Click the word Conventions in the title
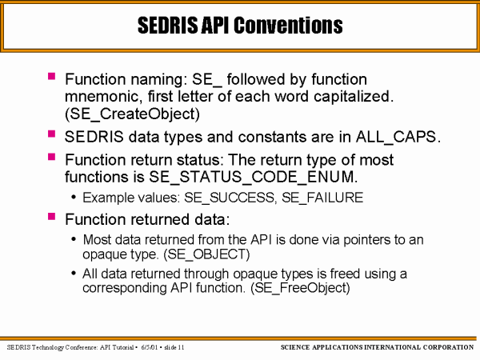tap(288, 25)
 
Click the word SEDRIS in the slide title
tap(168, 25)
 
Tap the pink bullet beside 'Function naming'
tap(51, 76)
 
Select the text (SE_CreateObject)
tap(132, 114)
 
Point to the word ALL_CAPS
tap(396, 137)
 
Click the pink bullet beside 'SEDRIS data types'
tap(51, 134)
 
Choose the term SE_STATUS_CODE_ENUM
tap(251, 177)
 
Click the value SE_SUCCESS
tap(230, 198)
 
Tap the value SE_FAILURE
tap(322, 198)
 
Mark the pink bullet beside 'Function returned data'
tap(51, 217)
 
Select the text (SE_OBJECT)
tap(206, 254)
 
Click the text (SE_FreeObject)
tap(300, 288)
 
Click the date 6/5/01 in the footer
tap(149, 347)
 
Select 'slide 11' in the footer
tap(174, 347)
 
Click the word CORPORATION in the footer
tap(448, 347)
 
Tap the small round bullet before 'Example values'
tap(74, 198)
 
